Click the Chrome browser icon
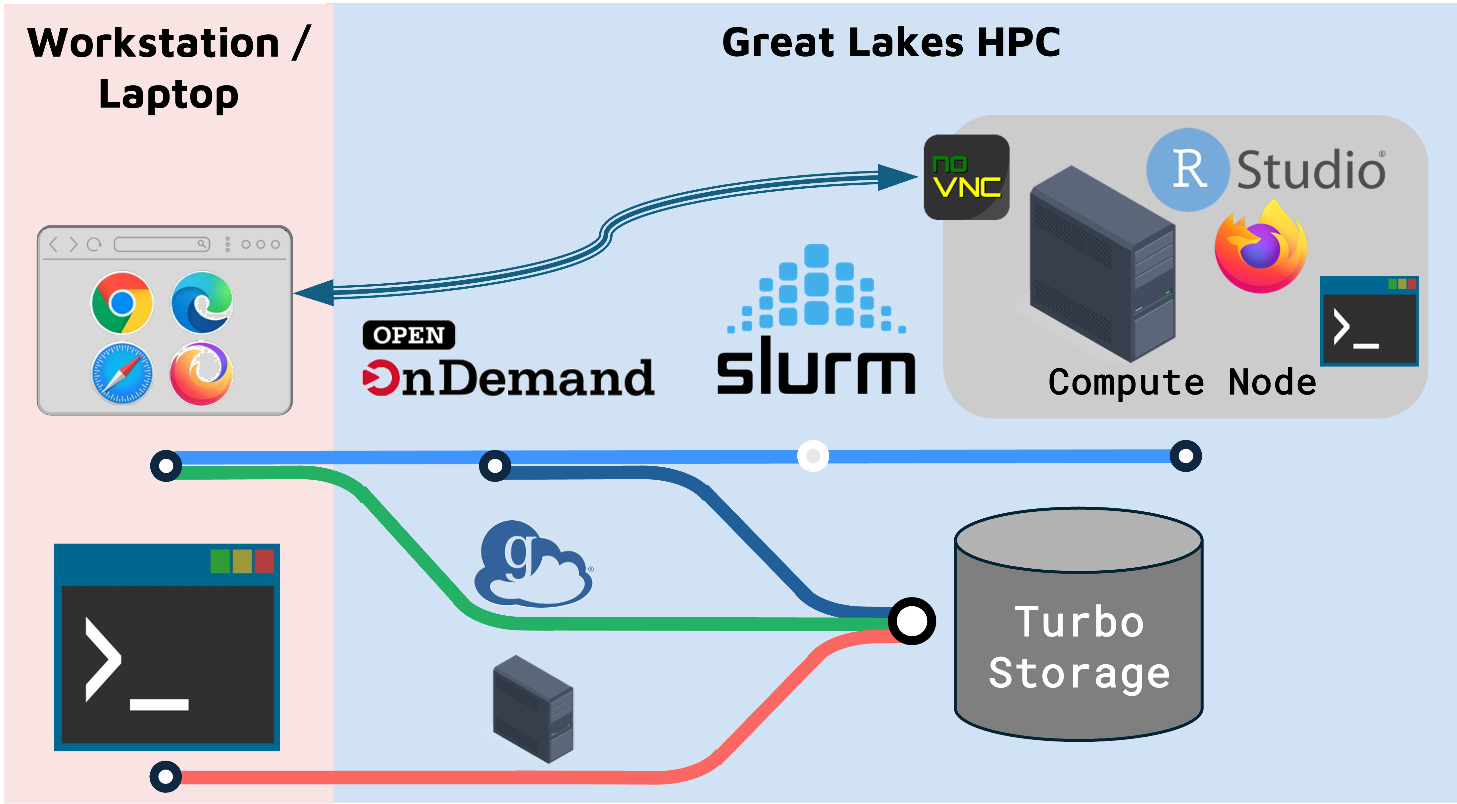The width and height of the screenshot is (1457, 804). pyautogui.click(x=122, y=303)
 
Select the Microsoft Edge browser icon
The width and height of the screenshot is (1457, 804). pyautogui.click(x=202, y=303)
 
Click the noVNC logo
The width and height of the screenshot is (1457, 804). pyautogui.click(x=966, y=177)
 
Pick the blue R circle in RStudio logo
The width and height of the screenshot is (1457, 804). pyautogui.click(x=1188, y=169)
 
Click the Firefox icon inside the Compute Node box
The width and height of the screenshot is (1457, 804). pyautogui.click(x=1261, y=249)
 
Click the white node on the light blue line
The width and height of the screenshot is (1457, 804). pyautogui.click(x=813, y=456)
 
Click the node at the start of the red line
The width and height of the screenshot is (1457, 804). pyautogui.click(x=166, y=776)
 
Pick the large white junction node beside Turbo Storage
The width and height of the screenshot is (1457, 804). pyautogui.click(x=911, y=621)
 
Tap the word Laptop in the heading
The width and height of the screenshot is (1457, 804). pyautogui.click(x=169, y=94)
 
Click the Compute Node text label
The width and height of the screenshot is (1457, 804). pyautogui.click(x=1182, y=383)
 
